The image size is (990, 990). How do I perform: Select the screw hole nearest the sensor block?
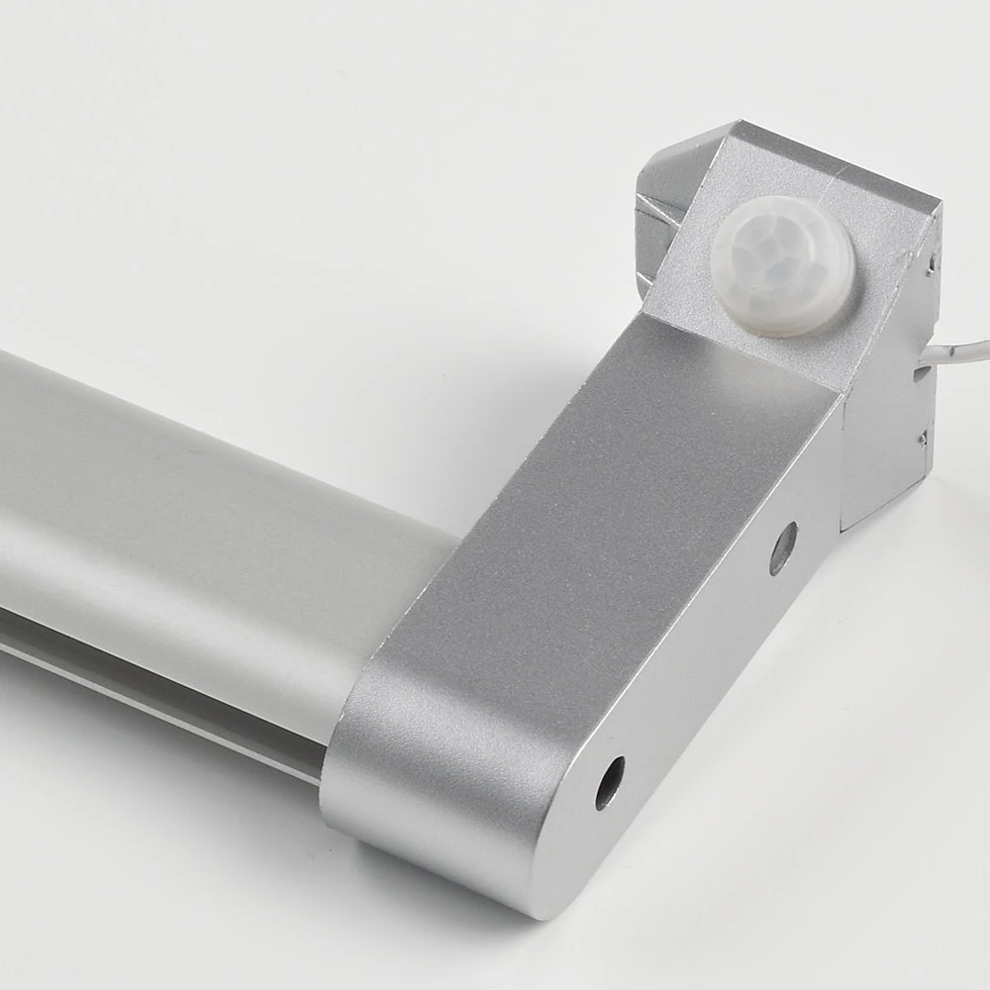(782, 547)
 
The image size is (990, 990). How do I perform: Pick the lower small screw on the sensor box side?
(923, 437)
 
